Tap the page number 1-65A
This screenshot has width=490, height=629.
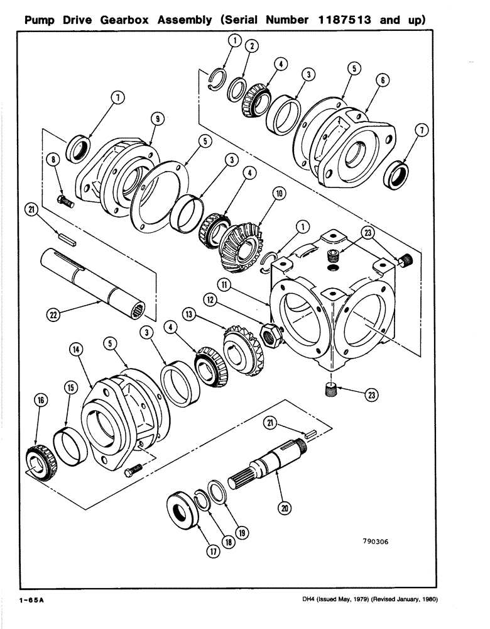[x=27, y=601]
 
